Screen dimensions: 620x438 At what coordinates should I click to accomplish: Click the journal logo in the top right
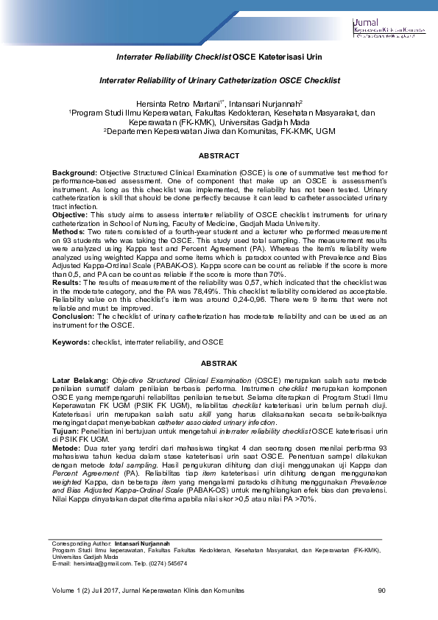coord(389,28)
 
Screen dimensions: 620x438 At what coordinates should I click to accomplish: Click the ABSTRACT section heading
coord(219,156)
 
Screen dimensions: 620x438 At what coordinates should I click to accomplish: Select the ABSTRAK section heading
coord(219,364)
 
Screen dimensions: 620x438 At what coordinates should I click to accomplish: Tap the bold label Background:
coord(75,172)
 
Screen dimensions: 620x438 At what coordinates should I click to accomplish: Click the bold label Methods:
coord(69,231)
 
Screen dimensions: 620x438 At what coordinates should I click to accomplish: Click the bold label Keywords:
coord(71,343)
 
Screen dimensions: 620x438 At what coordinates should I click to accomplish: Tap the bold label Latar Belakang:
coord(80,379)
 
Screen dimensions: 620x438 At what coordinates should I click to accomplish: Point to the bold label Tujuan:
coord(65,431)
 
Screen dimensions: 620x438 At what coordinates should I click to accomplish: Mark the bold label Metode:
coord(66,447)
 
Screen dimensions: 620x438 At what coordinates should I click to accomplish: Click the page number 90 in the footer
coord(381,591)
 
